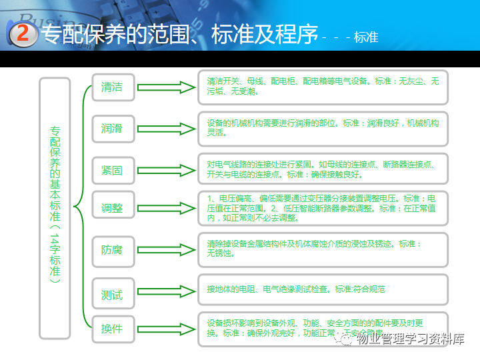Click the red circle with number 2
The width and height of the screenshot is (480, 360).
[x=24, y=35]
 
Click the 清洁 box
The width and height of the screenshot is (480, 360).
[x=113, y=87]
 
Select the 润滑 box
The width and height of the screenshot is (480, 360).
[x=113, y=127]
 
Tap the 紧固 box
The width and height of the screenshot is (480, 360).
[x=113, y=169]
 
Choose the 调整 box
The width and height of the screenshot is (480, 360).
[x=113, y=207]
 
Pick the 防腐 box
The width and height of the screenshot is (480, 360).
[x=113, y=250]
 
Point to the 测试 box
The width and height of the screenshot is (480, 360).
[x=113, y=294]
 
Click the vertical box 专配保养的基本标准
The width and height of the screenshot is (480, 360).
[x=55, y=207]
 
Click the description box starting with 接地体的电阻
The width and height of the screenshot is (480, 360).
[x=323, y=290]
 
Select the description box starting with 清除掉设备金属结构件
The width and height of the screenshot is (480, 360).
[x=323, y=249]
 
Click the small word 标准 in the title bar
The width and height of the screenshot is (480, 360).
[x=366, y=38]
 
